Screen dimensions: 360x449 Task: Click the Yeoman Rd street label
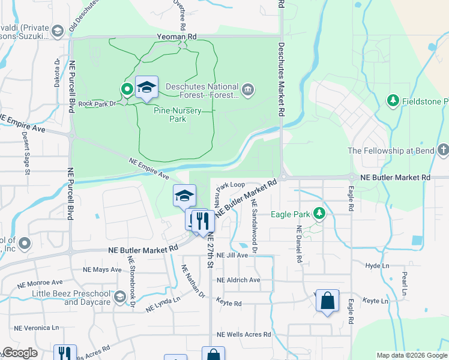tap(176, 37)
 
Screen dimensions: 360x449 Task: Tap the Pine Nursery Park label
tap(178, 115)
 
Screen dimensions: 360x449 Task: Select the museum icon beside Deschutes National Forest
tap(248, 91)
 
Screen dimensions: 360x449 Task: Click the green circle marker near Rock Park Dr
tap(127, 89)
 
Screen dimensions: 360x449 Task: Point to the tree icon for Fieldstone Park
tap(393, 100)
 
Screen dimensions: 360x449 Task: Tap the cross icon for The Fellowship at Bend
tap(442, 150)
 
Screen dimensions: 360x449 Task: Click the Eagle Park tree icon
tap(320, 214)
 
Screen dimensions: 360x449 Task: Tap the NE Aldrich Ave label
tap(238, 280)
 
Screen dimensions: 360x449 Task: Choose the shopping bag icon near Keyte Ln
tap(328, 300)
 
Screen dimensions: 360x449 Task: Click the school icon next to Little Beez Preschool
tap(120, 297)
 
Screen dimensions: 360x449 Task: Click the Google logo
tap(20, 353)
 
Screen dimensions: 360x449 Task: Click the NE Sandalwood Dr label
tap(255, 227)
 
